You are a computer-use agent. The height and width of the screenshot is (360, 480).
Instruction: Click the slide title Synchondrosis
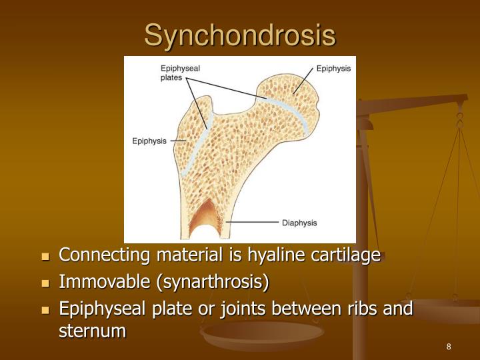240,35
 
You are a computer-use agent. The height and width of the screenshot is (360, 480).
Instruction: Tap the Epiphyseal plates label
180,72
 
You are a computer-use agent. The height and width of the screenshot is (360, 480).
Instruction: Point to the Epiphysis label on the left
149,141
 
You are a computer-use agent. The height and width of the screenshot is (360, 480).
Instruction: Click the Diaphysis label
299,223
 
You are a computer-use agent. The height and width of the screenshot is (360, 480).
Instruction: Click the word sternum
93,329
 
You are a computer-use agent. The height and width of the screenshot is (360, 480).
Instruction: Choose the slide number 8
449,347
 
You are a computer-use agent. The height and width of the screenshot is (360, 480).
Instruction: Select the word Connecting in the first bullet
105,255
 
